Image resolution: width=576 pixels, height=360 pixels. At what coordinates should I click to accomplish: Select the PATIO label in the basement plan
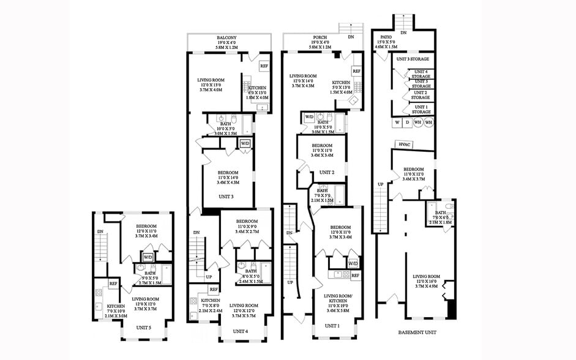[x=386, y=38]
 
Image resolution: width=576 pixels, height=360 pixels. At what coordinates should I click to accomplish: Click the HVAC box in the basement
[x=403, y=144]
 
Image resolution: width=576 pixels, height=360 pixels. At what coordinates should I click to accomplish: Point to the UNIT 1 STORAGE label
[x=421, y=110]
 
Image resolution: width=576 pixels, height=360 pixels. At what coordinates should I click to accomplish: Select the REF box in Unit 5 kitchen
[x=113, y=283]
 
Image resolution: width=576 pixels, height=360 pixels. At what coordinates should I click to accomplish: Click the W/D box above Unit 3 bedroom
[x=245, y=143]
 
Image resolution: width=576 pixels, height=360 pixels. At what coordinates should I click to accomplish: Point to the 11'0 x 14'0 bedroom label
[x=227, y=174]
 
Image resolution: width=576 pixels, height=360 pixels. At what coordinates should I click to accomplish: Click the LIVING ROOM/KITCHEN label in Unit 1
[x=338, y=299]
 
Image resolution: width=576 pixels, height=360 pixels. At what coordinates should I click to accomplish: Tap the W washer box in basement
[x=397, y=122]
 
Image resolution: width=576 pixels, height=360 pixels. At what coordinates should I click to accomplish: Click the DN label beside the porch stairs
[x=351, y=37]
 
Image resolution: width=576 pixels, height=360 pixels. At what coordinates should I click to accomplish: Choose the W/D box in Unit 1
[x=353, y=264]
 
